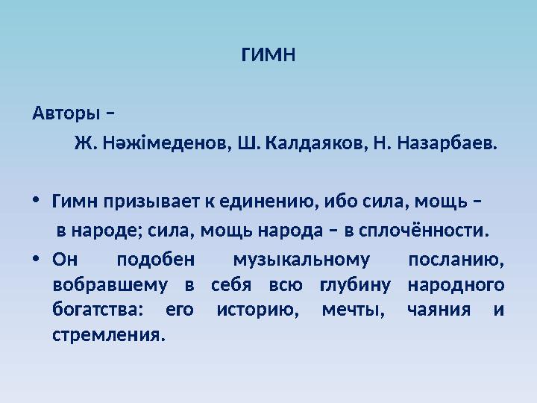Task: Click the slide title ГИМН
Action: click(x=268, y=56)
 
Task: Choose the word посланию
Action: click(x=456, y=260)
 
